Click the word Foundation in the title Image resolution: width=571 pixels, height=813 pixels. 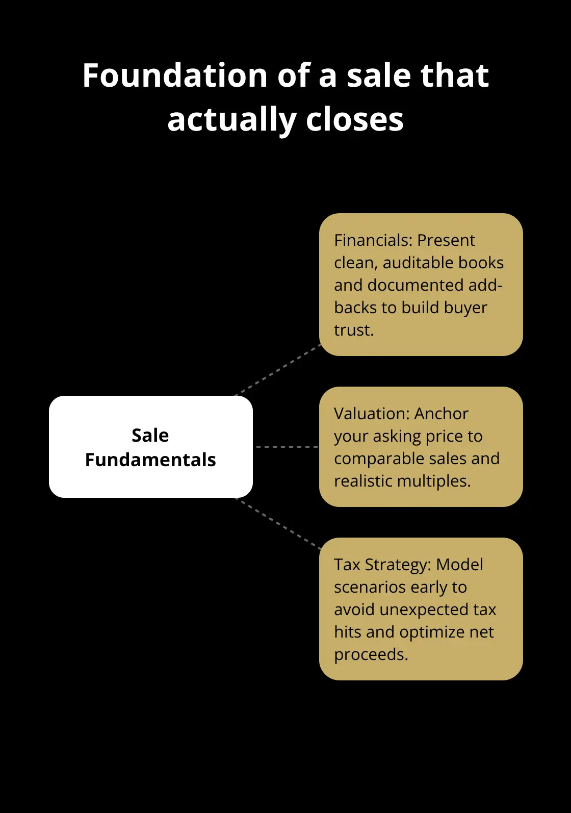(x=175, y=75)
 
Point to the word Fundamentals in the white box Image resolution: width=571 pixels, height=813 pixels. (x=150, y=460)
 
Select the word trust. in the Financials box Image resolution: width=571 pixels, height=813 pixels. (x=354, y=330)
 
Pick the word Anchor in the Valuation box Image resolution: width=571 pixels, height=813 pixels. (x=441, y=414)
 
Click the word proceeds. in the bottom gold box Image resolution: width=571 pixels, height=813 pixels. (x=371, y=654)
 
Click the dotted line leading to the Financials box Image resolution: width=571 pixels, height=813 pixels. (x=278, y=370)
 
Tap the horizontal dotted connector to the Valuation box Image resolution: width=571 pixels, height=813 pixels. (x=286, y=446)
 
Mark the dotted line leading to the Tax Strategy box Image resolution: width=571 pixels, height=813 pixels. (x=278, y=524)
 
